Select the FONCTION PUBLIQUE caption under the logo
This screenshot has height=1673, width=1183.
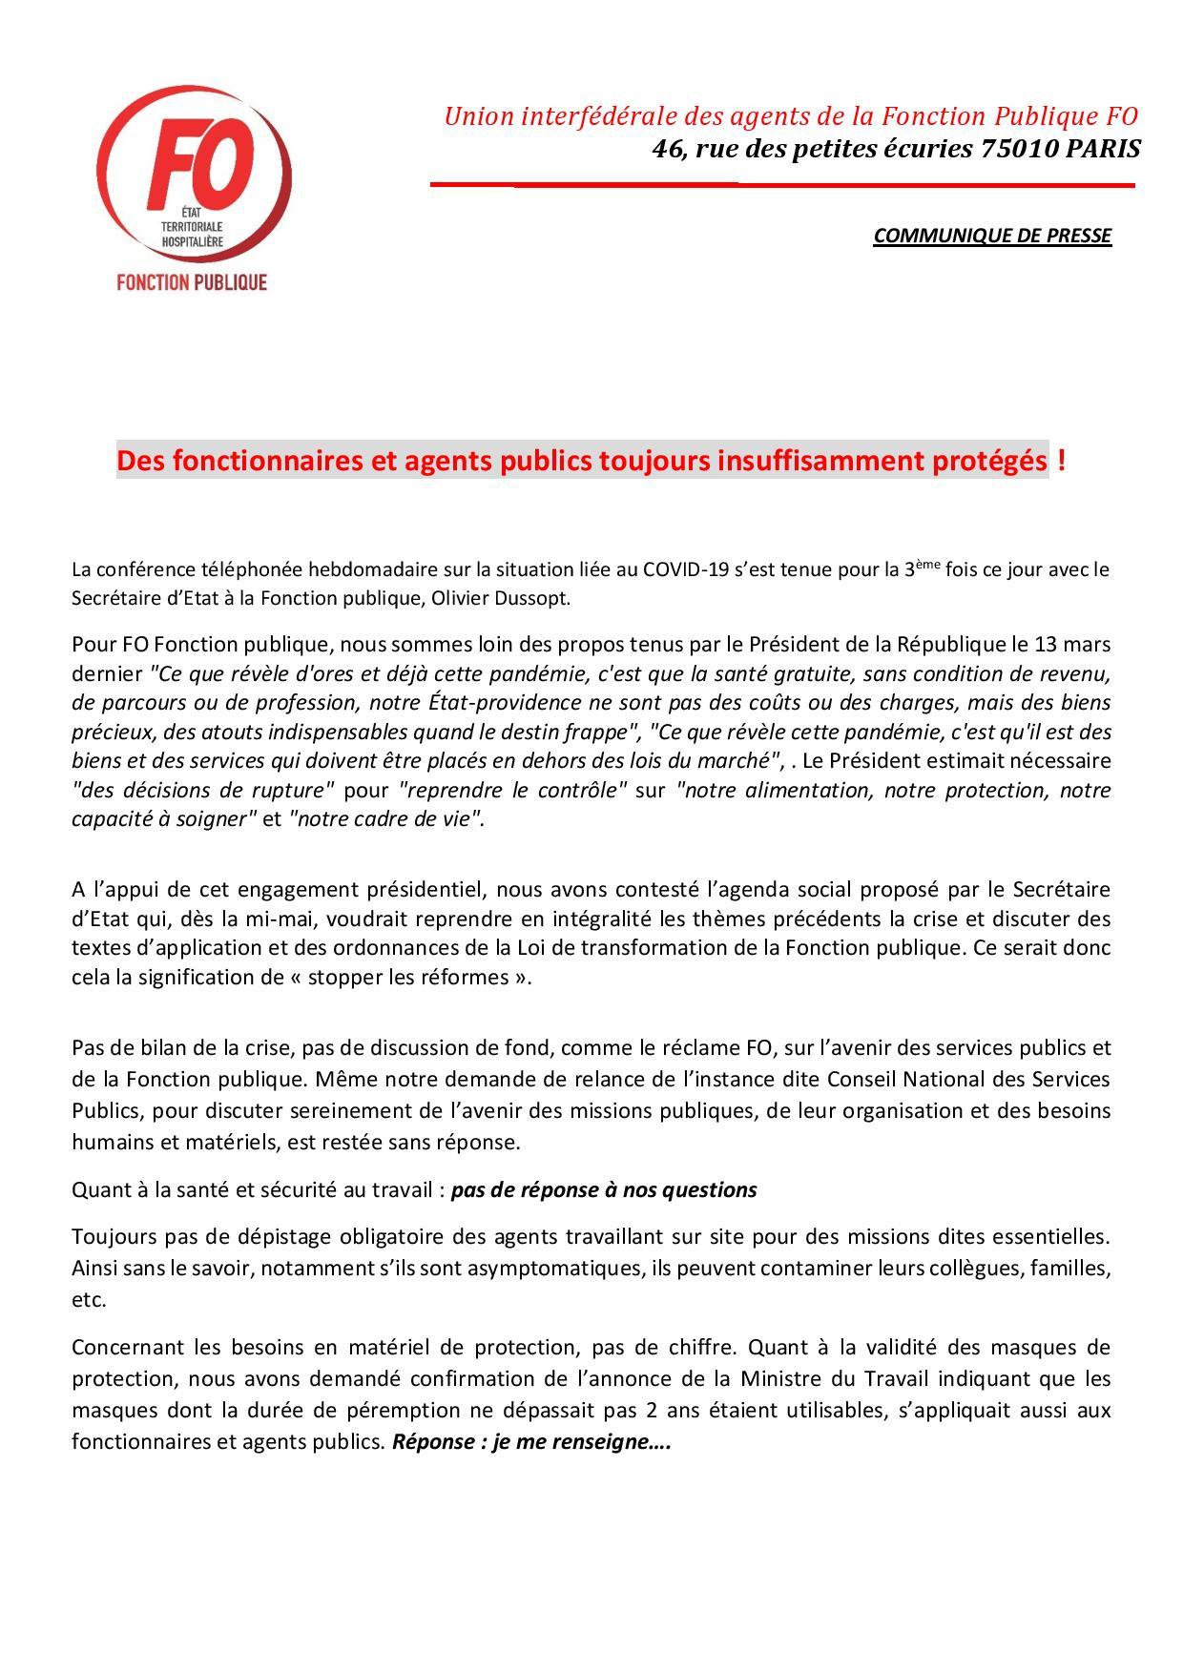pyautogui.click(x=191, y=282)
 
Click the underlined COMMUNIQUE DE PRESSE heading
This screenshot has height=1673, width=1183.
pyautogui.click(x=992, y=236)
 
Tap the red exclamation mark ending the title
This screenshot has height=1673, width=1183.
pyautogui.click(x=1062, y=461)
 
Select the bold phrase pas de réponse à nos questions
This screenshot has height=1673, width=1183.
pyautogui.click(x=604, y=1189)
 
